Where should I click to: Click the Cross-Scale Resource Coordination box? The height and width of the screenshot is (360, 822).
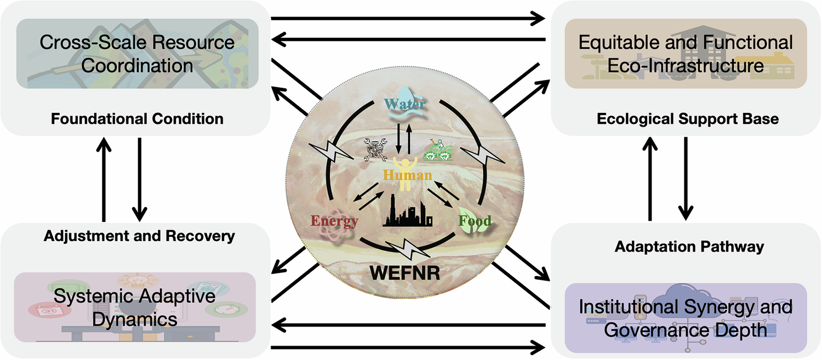tap(137, 54)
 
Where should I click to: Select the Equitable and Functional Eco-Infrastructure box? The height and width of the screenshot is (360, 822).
tap(686, 54)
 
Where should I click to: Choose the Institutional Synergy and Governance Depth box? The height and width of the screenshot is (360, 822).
tap(686, 318)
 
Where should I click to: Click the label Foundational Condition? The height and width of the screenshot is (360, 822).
tap(137, 118)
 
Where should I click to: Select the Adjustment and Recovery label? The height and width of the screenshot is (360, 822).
tap(139, 236)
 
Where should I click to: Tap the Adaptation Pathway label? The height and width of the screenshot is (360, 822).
tap(689, 247)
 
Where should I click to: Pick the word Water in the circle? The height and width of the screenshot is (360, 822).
tap(404, 102)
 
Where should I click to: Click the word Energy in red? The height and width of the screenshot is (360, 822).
tap(334, 221)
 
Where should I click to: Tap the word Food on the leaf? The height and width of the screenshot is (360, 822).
tap(475, 221)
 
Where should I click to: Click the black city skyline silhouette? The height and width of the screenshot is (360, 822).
tap(408, 213)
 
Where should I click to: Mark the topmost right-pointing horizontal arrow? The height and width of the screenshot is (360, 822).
tap(408, 19)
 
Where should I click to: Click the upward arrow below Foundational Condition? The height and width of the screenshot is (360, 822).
tap(103, 178)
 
